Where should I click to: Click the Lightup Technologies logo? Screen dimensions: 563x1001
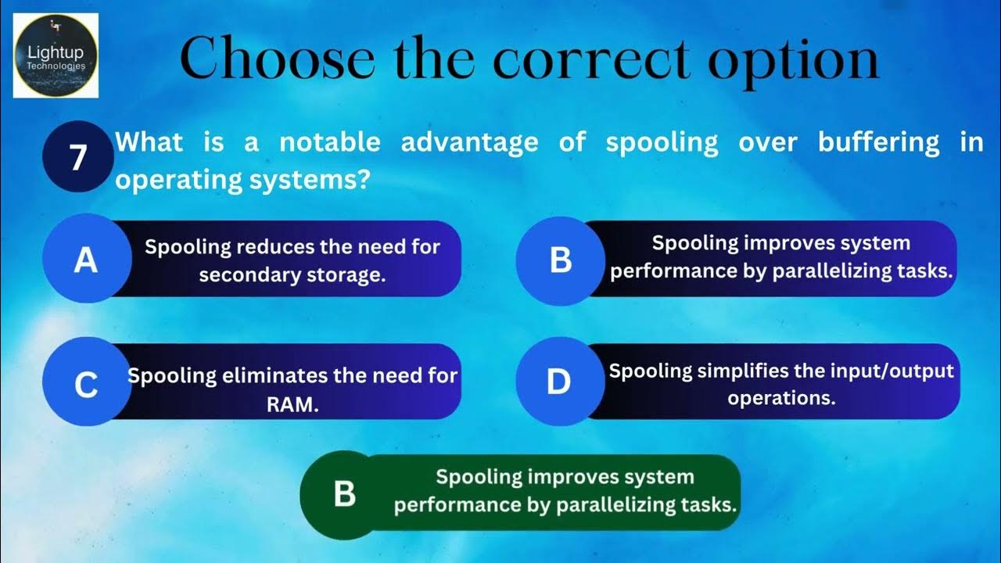[56, 56]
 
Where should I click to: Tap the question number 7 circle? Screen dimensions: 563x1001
[77, 157]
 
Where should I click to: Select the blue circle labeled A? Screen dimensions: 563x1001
[85, 260]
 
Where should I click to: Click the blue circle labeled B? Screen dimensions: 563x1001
[560, 260]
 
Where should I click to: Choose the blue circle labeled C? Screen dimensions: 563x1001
[85, 384]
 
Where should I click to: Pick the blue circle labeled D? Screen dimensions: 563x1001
[558, 382]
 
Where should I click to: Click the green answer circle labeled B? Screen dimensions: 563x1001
[344, 494]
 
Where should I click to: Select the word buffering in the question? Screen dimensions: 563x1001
[879, 142]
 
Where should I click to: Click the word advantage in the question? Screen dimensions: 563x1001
[469, 142]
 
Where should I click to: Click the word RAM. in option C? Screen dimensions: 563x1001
[292, 405]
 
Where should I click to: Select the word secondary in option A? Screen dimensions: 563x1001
[253, 276]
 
